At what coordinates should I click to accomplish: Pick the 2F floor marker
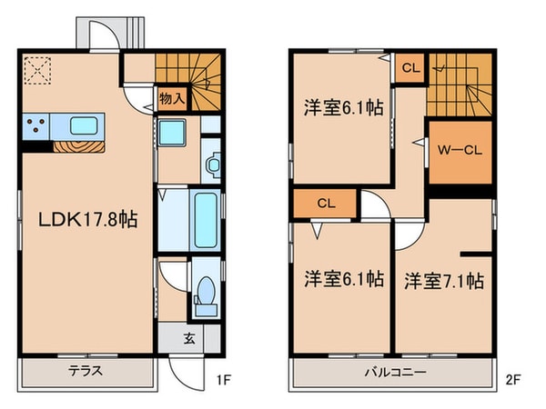(515, 372)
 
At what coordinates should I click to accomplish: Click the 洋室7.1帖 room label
(443, 279)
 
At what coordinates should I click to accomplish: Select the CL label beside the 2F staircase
(409, 67)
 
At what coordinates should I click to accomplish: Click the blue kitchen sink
(83, 125)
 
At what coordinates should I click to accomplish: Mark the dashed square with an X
(37, 70)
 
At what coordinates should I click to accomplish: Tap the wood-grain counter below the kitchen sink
(78, 145)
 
